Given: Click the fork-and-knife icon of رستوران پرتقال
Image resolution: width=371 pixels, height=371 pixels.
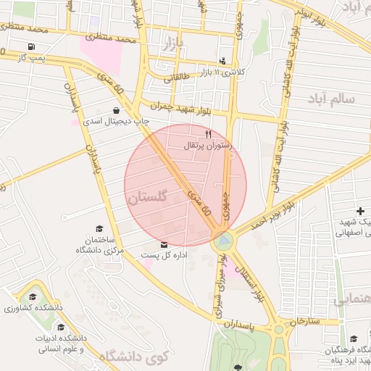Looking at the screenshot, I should tap(209, 134).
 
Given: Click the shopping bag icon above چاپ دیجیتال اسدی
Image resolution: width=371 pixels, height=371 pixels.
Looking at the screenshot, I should tap(117, 111).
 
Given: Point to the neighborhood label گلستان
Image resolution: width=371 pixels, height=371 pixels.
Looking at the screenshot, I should tap(146, 196).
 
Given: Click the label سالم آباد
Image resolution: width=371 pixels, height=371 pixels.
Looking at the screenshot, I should tap(330, 97).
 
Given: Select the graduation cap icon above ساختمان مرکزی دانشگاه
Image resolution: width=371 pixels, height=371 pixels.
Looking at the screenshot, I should tap(99, 228).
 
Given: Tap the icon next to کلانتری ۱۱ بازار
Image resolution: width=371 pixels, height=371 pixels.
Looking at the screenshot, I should tap(222, 62).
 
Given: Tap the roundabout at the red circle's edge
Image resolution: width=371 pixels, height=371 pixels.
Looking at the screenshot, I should tap(224, 240).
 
